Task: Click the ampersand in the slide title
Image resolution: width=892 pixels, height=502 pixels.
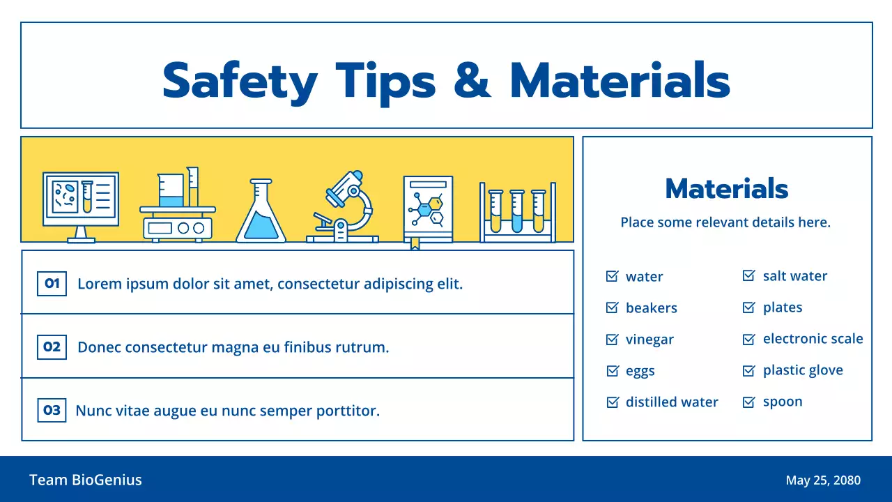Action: [472, 80]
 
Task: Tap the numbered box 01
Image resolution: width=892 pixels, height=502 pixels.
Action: [52, 284]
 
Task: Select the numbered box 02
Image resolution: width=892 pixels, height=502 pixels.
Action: [52, 347]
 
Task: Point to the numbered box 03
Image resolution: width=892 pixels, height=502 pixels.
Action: [52, 410]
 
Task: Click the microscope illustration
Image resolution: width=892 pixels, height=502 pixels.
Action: [342, 206]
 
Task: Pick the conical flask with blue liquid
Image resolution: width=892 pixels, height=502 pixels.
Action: [261, 211]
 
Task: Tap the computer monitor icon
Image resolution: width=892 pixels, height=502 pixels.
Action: [81, 207]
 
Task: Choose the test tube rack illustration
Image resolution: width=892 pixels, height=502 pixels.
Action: [518, 212]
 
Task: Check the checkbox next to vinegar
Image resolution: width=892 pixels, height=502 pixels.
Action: [612, 340]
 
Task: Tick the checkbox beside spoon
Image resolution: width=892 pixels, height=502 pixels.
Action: [748, 402]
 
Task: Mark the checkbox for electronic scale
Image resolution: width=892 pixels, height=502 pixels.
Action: [748, 339]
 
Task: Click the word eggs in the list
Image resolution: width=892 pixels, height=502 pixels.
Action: [640, 372]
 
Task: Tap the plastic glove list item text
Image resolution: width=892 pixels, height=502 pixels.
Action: [803, 370]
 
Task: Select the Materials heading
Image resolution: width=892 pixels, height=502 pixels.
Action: [727, 188]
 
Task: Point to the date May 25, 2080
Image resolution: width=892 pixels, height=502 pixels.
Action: [823, 480]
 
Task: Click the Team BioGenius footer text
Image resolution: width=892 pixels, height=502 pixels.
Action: [86, 480]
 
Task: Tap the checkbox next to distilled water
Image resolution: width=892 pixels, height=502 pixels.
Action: [613, 402]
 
